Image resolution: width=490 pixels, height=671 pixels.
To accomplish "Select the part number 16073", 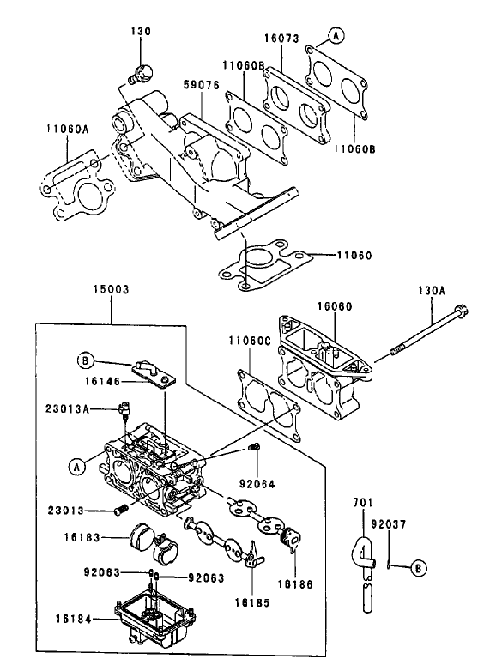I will coord(280,39).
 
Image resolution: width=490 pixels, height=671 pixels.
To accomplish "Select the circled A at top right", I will coord(337,35).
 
